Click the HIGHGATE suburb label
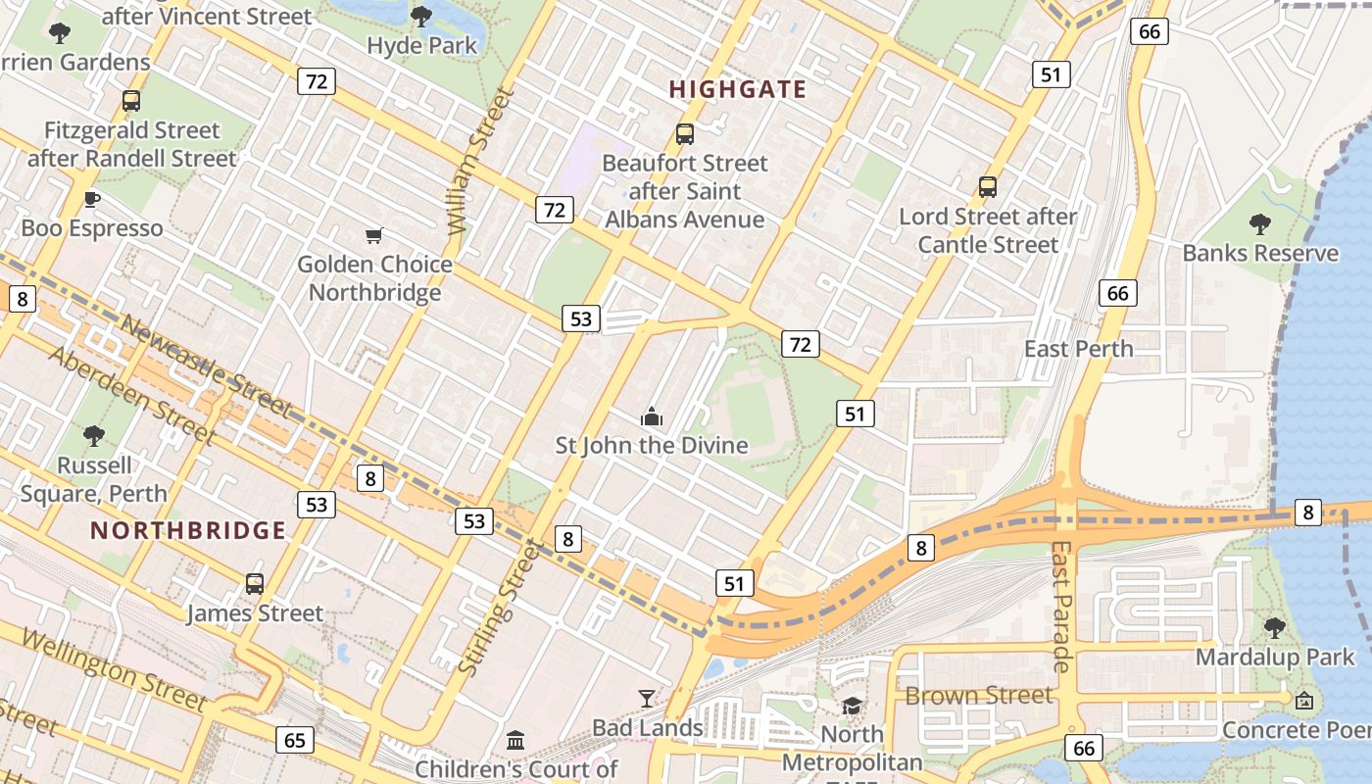click(738, 89)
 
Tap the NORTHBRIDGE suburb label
click(188, 531)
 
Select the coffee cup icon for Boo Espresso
click(92, 200)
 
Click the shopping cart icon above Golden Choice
click(373, 235)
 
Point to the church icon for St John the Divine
click(652, 417)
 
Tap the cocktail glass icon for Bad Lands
click(647, 699)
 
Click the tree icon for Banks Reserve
click(1260, 224)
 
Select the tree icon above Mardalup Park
click(1274, 628)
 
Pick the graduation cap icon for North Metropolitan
click(852, 706)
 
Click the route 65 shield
click(295, 740)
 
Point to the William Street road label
click(480, 162)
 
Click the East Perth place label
click(1078, 349)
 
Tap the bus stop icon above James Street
click(255, 584)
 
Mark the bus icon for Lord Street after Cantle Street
click(988, 187)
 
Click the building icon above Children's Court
click(515, 740)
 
